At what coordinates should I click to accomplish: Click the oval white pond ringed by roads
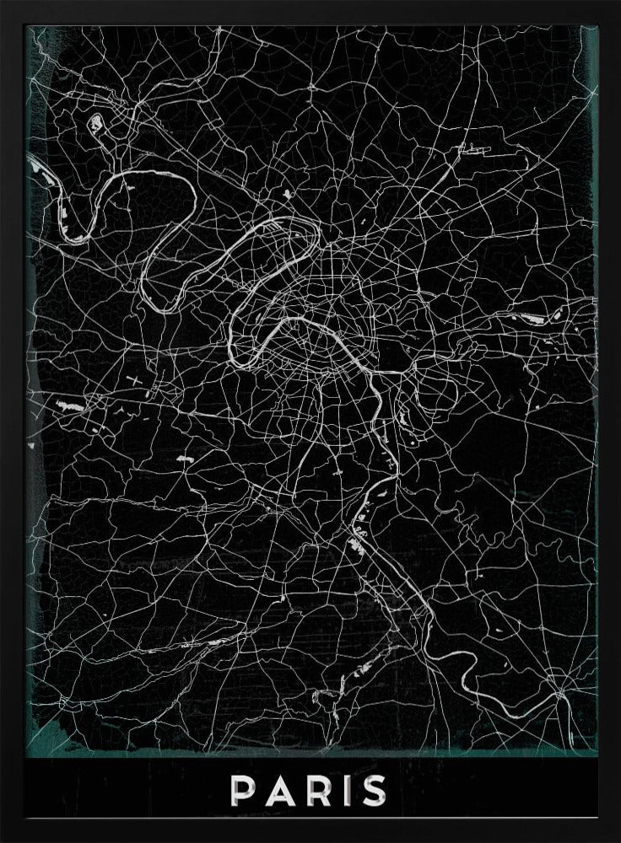(x=95, y=122)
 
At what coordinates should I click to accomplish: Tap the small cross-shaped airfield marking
(x=133, y=381)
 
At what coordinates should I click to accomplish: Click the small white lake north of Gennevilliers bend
(x=288, y=196)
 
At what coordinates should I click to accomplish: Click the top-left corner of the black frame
(x=3, y=3)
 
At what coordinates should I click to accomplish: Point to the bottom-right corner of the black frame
(x=618, y=840)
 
